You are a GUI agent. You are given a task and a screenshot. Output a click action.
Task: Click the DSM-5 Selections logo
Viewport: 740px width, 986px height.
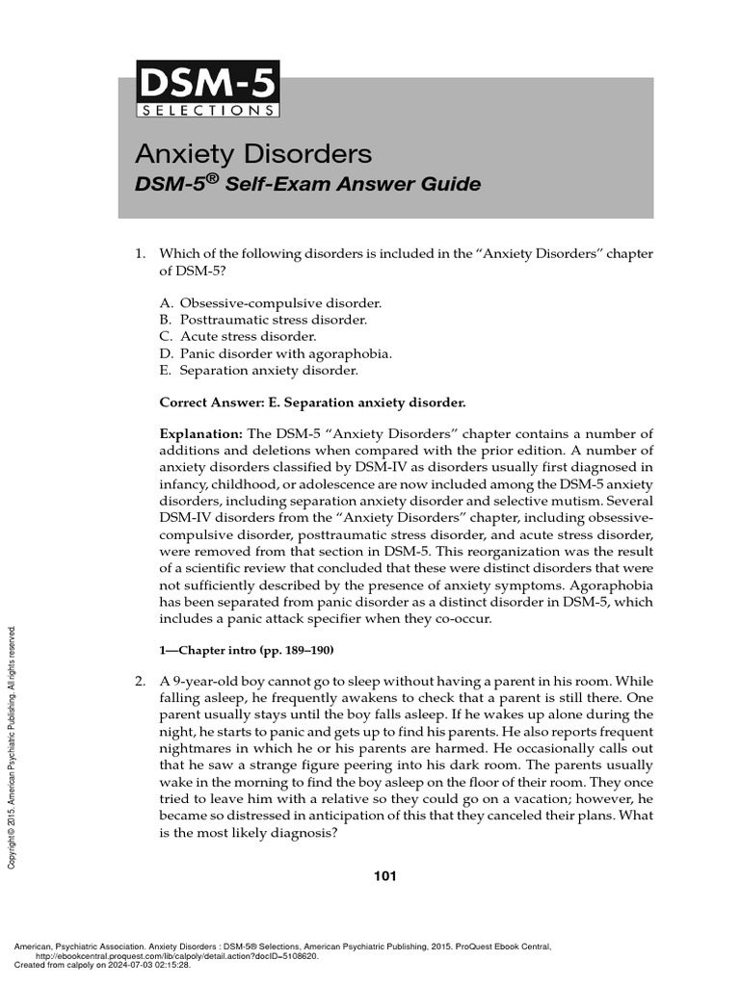208,88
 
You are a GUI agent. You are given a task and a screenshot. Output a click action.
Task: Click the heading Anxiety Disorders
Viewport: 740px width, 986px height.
252,154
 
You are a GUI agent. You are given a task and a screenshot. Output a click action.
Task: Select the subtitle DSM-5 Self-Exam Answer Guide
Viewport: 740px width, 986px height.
306,184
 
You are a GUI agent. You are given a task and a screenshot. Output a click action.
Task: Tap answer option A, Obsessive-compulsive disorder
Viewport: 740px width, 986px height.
259,302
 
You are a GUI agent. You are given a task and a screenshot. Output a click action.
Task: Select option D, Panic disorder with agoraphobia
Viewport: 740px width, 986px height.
276,353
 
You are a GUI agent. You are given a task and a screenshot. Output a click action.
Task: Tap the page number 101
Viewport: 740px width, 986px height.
384,875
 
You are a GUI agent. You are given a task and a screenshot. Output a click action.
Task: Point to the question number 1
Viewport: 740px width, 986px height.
139,253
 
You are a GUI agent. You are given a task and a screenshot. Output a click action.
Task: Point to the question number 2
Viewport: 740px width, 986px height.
139,682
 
